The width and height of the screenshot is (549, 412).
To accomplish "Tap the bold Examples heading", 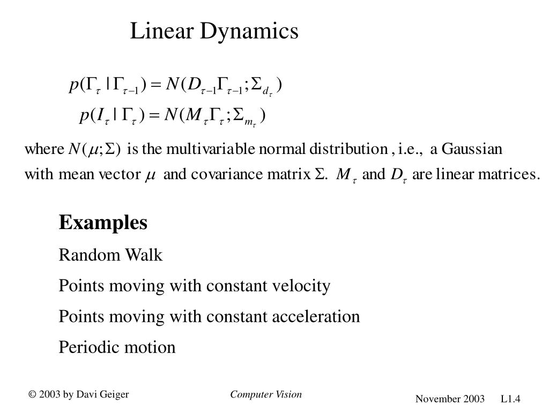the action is click(x=103, y=222).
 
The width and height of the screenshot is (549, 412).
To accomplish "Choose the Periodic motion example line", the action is click(x=117, y=347).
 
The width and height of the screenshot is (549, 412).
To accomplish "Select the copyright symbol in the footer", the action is click(x=33, y=395).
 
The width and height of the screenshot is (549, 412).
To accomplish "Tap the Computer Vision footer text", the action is click(x=266, y=395).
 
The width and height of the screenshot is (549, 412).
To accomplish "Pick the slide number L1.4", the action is click(x=511, y=399).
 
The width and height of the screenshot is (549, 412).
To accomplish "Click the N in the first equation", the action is click(x=172, y=85).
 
